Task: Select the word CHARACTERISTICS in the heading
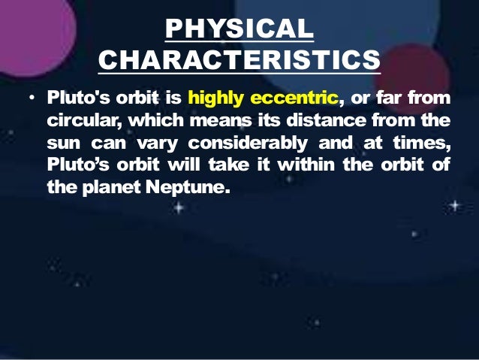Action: point(239,59)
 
